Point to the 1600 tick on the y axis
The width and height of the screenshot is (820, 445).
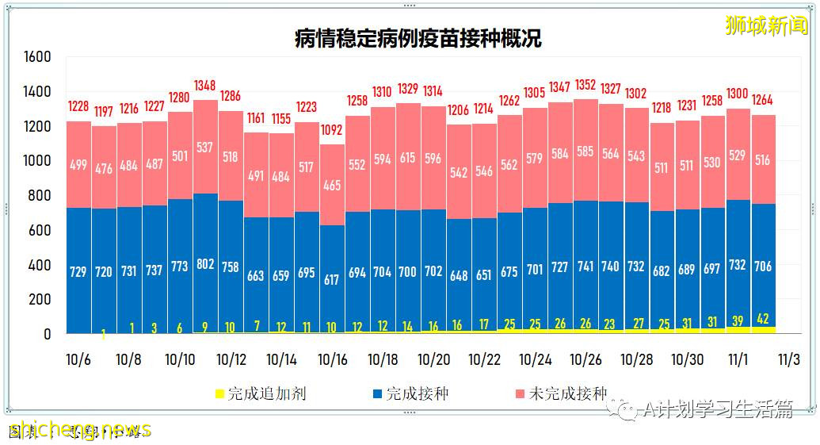pyautogui.click(x=37, y=57)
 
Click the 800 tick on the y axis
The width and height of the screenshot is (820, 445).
pyautogui.click(x=41, y=196)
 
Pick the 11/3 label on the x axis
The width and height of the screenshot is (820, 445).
pyautogui.click(x=788, y=359)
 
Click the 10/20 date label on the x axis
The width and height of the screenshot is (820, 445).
pyautogui.click(x=433, y=359)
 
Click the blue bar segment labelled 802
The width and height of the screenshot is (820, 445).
pyautogui.click(x=205, y=264)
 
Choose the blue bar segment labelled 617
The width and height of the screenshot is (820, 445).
pyautogui.click(x=332, y=280)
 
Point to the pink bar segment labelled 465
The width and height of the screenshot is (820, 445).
pyautogui.click(x=332, y=186)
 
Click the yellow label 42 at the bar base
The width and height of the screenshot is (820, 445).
pyautogui.click(x=763, y=319)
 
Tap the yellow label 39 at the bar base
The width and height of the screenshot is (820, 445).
pyautogui.click(x=738, y=320)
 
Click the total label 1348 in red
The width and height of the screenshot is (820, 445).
pyautogui.click(x=205, y=86)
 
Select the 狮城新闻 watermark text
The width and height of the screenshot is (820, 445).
pyautogui.click(x=765, y=25)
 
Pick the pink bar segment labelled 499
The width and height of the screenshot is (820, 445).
pyautogui.click(x=78, y=165)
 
